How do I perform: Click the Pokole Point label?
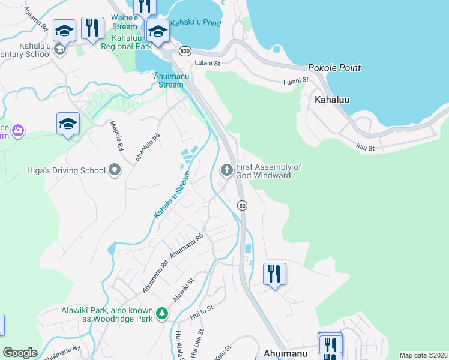(334, 68)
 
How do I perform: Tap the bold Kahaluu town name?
(332, 100)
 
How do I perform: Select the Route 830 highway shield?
(185, 52)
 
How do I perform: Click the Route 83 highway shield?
(242, 205)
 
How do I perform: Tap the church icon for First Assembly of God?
(227, 170)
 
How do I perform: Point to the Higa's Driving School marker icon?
(115, 170)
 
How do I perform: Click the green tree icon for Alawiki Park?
(161, 313)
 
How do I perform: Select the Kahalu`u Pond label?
(196, 23)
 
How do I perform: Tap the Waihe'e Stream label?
(124, 22)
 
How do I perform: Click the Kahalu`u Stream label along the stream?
(172, 194)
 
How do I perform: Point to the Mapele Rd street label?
(116, 136)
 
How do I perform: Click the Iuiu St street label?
(365, 147)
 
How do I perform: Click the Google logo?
(20, 353)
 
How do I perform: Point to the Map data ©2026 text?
(423, 355)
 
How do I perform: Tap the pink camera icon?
(18, 130)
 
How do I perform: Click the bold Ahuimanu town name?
(286, 353)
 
